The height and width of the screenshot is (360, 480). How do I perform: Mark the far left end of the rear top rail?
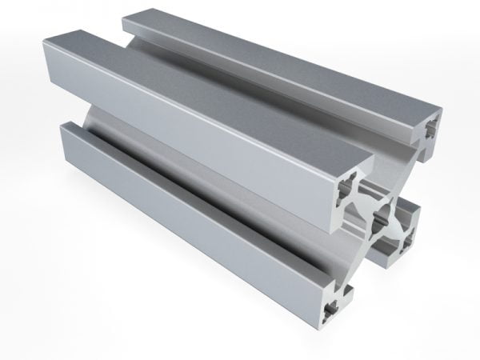tap(128, 24)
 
